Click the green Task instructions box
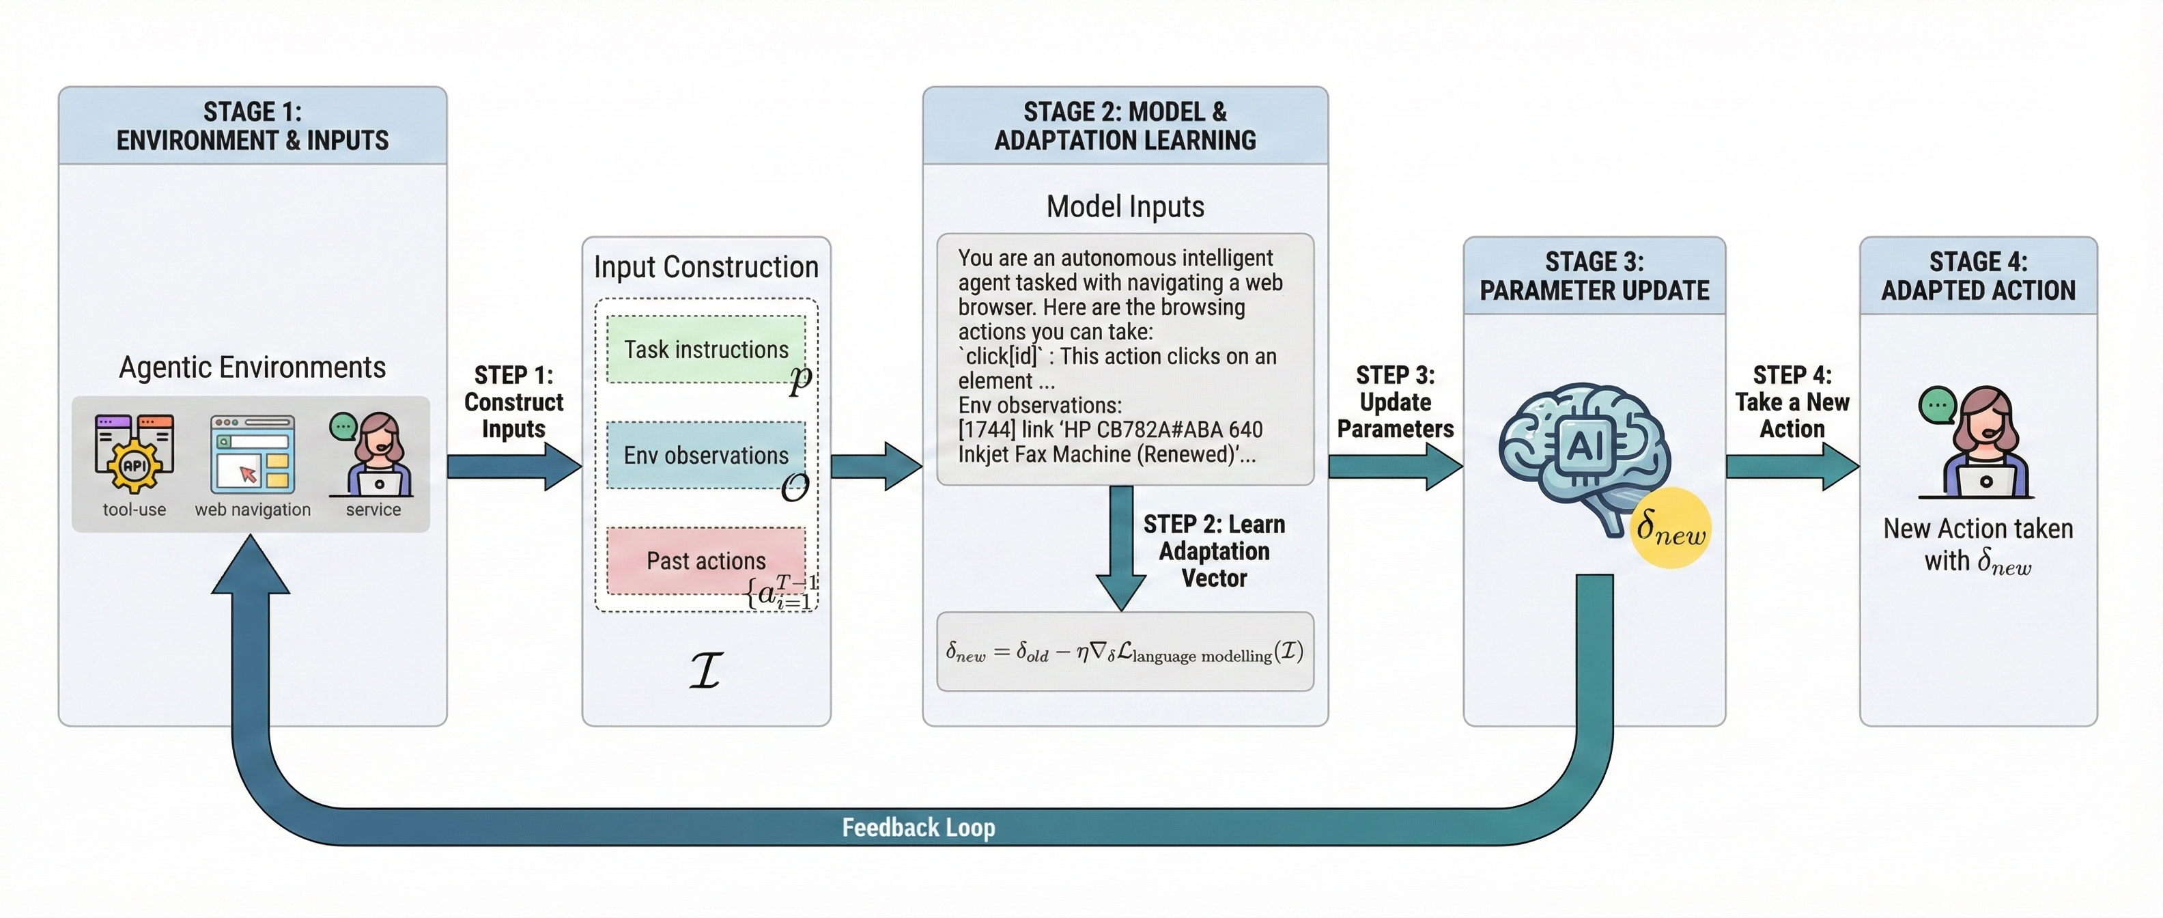pyautogui.click(x=705, y=350)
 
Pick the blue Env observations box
pyautogui.click(x=705, y=455)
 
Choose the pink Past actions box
pyautogui.click(x=705, y=560)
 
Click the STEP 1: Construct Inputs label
pyautogui.click(x=514, y=402)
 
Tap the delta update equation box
pyautogui.click(x=1125, y=652)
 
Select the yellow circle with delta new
pyautogui.click(x=1671, y=528)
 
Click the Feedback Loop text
pyautogui.click(x=918, y=827)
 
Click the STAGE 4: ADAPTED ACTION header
pyautogui.click(x=1978, y=275)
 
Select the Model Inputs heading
pyautogui.click(x=1125, y=206)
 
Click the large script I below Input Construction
pyautogui.click(x=706, y=670)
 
